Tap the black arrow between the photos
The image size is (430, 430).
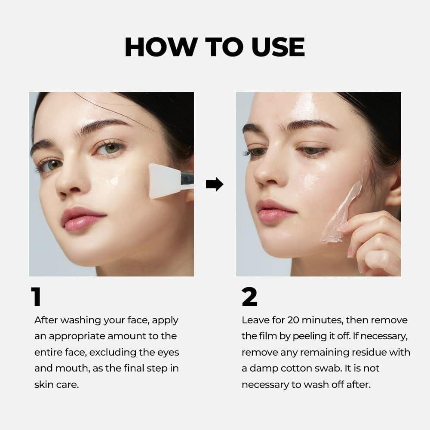click(215, 184)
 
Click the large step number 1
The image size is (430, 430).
click(37, 297)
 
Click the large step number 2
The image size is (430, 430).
click(249, 297)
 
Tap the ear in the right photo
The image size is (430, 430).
click(393, 189)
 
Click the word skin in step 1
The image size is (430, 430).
click(43, 384)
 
